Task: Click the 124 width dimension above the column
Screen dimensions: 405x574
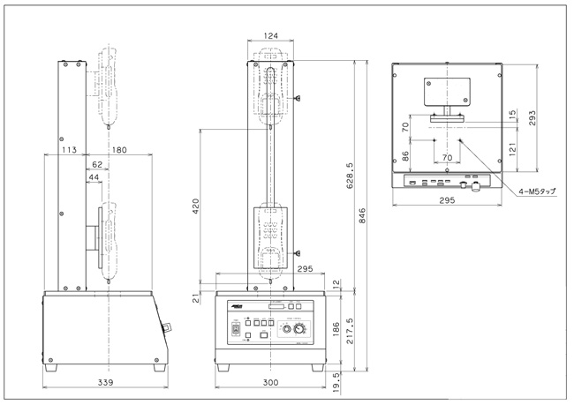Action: pos(272,35)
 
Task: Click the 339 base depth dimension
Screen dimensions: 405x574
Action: pos(105,383)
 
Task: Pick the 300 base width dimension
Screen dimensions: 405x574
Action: pos(270,383)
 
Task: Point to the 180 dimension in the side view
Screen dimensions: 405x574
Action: pos(118,149)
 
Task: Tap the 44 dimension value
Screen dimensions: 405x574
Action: pos(94,177)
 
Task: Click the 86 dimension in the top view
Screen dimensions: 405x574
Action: pos(404,155)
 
